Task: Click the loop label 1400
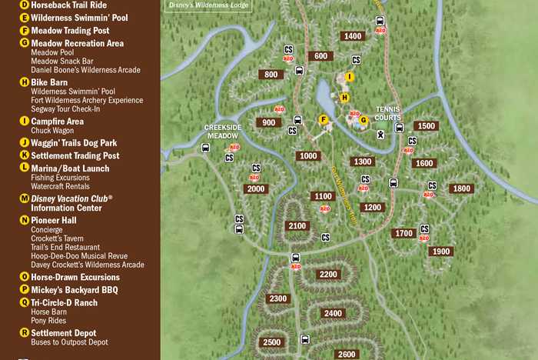(353, 36)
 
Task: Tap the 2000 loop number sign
(256, 188)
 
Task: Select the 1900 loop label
(440, 252)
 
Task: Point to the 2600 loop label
(347, 354)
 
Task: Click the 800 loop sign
(271, 75)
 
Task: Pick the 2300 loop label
(278, 298)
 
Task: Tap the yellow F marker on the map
(324, 119)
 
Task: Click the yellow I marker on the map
(349, 77)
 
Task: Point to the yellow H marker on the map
(344, 98)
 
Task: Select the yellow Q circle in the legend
(25, 303)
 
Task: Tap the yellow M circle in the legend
(25, 198)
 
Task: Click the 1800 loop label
(461, 188)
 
